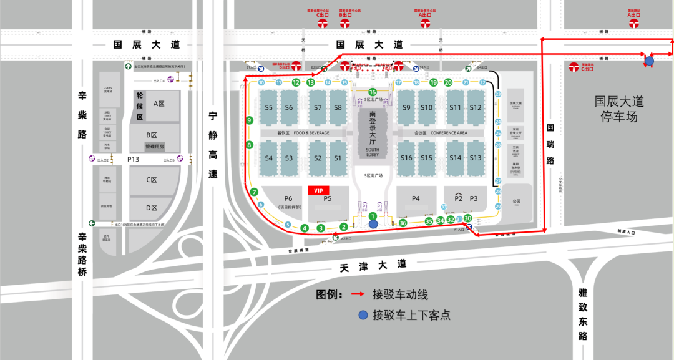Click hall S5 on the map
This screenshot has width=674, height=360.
pos(269,107)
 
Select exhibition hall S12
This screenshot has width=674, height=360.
pos(476,107)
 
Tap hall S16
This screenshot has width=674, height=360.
pos(407,158)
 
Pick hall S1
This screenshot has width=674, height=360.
pos(338,158)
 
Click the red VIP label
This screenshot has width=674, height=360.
pos(319,190)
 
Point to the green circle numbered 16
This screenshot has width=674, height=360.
pos(373,92)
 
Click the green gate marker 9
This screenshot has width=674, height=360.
pos(250,120)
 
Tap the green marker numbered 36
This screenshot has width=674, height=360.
pos(403,223)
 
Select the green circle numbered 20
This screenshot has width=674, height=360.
pos(448,82)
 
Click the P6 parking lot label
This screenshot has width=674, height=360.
pos(288,198)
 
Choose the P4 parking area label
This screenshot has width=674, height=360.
pos(416,198)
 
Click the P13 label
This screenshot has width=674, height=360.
pos(133,160)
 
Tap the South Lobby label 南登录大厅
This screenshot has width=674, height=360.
pos(373,127)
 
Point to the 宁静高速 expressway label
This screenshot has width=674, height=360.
pos(213,145)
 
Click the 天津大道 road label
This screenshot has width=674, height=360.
pos(373,265)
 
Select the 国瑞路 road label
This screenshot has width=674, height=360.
pos(550,144)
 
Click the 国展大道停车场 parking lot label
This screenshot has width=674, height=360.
pos(619,109)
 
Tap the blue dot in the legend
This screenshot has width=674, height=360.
pos(363,315)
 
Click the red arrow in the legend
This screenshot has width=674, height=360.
pos(358,294)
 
